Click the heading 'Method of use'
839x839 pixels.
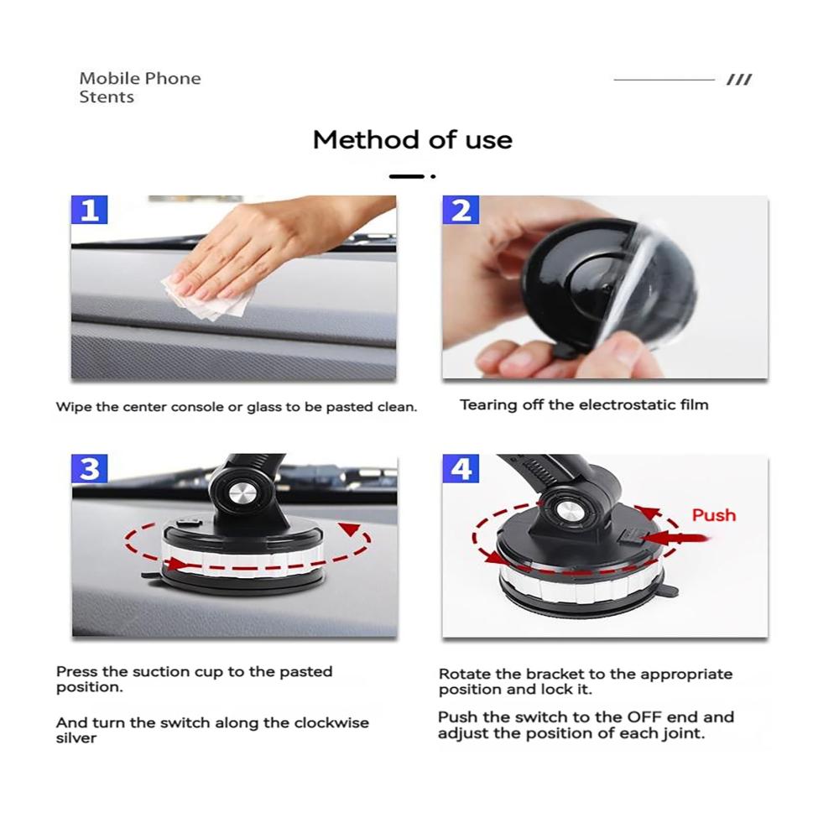413,140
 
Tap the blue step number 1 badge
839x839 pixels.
90,210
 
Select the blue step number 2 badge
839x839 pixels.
461,210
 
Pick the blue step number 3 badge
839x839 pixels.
90,469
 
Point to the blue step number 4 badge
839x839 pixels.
461,469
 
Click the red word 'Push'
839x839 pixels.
714,515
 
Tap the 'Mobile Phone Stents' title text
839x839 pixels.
140,88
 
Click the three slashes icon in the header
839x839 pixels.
739,80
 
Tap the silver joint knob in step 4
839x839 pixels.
565,511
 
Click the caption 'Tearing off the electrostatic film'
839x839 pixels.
584,404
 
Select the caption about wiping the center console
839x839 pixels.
237,407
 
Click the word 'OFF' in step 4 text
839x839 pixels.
644,717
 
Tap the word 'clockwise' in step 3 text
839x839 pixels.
331,723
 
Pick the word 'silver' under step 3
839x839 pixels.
76,738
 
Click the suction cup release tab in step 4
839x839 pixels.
668,591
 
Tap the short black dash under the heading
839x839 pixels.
407,176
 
